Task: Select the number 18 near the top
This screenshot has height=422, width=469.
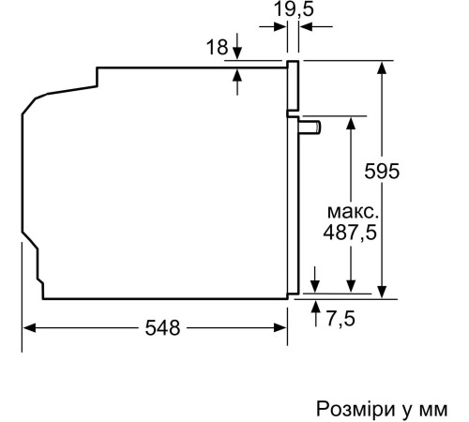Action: [x=216, y=48]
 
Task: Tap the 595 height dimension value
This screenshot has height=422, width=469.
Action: [x=382, y=172]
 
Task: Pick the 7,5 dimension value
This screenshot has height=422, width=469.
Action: [x=340, y=319]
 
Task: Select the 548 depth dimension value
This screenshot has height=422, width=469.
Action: [x=163, y=328]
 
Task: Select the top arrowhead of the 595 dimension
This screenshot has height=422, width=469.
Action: [x=383, y=68]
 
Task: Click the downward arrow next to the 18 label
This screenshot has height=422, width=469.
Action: [x=236, y=49]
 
